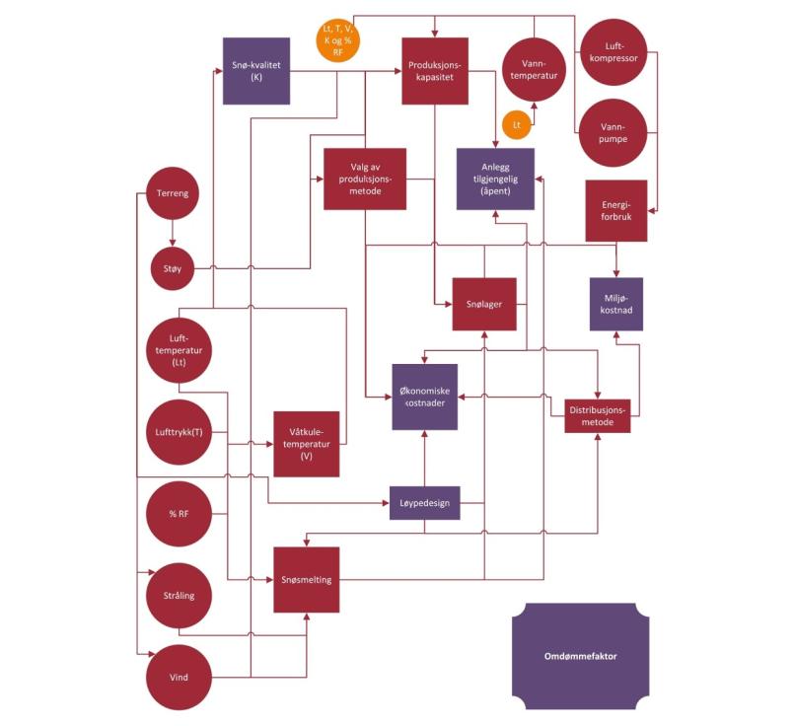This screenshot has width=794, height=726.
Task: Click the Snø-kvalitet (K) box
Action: click(255, 71)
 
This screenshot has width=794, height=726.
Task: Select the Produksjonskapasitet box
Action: click(434, 71)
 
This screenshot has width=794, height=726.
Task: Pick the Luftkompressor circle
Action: click(612, 51)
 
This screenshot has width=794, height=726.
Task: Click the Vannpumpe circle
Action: click(612, 132)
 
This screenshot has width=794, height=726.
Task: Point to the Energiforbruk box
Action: click(615, 210)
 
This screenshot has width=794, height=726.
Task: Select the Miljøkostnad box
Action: click(616, 304)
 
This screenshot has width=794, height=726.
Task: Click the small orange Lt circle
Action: click(516, 124)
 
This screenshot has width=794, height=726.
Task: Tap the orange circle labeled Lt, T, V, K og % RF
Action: click(338, 41)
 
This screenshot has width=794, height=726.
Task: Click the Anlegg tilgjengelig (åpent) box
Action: click(495, 179)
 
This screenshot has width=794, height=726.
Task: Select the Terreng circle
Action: click(174, 193)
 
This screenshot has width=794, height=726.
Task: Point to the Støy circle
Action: click(174, 267)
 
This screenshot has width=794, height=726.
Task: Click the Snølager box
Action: click(485, 304)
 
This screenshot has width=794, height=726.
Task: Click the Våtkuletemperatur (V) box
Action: click(307, 444)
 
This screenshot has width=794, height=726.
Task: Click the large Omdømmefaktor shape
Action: click(580, 656)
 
